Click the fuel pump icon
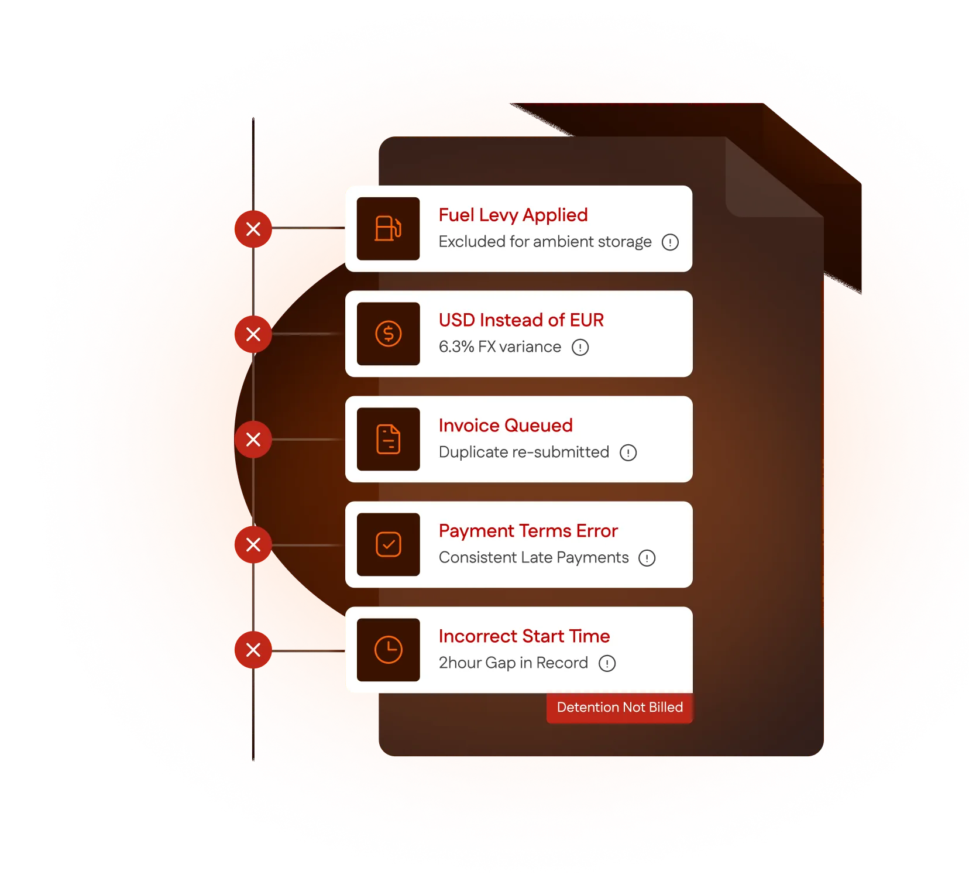coord(388,228)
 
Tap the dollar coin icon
coord(388,334)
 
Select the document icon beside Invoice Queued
coord(388,439)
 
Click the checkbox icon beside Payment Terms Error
coord(388,544)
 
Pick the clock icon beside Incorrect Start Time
coord(388,650)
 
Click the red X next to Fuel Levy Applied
coord(253,229)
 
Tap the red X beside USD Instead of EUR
coord(253,334)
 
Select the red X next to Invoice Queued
coord(253,440)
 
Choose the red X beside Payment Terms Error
coord(253,545)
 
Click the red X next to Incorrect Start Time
coord(253,650)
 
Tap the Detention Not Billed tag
coord(619,707)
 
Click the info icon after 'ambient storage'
coord(670,242)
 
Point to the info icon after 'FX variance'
coord(580,347)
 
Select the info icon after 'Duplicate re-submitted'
coord(628,452)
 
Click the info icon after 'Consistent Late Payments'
coord(647,558)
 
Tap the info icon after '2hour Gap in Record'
coord(607,663)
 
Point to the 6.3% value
coord(456,347)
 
